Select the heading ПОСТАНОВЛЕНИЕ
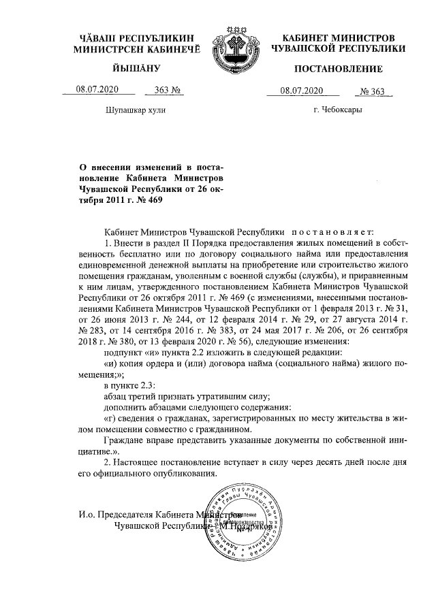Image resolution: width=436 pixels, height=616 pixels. (x=339, y=69)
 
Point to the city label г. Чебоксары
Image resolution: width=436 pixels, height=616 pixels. (x=338, y=109)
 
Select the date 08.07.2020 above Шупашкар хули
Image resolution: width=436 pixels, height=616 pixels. (x=97, y=91)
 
